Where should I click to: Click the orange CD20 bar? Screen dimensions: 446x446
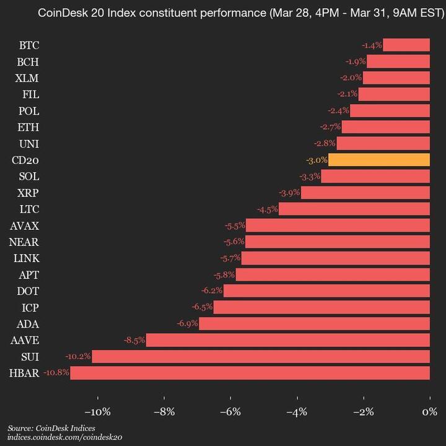378,160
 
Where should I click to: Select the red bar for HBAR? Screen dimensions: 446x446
250,373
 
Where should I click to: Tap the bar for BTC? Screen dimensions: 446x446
406,45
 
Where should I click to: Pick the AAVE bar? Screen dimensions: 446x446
287,340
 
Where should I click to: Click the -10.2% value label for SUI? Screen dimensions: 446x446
79,356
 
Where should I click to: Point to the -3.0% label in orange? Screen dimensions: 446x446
317,160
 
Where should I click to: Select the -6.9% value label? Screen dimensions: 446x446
187,323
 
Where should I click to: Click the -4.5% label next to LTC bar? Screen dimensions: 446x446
267,209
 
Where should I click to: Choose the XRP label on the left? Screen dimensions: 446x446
28,193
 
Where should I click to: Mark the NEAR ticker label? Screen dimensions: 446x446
25,242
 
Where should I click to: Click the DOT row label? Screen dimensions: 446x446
28,291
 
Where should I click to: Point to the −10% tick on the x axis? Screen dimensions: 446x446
97,412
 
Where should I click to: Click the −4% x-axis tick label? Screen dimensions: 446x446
297,412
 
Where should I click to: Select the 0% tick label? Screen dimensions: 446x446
429,412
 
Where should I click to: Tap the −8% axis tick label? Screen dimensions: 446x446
164,412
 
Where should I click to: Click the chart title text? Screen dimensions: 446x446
241,12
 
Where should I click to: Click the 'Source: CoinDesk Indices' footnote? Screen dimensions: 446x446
51,428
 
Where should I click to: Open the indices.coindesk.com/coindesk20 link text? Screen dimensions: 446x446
64,437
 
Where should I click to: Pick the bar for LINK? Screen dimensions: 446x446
335,258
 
